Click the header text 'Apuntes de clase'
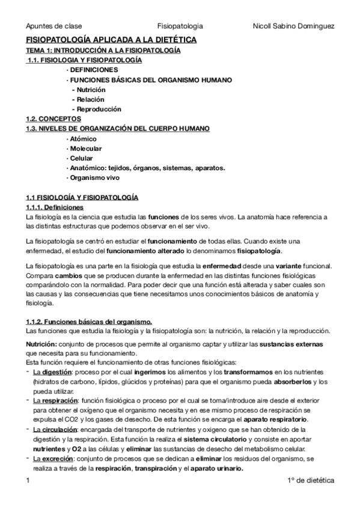(x=54, y=26)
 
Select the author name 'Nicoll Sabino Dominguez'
(x=294, y=26)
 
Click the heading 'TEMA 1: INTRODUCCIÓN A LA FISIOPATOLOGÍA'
(x=103, y=51)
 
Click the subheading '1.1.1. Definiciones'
(x=56, y=207)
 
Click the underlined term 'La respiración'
(x=56, y=401)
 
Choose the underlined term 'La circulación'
(x=55, y=429)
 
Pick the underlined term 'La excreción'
(x=53, y=458)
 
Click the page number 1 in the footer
(x=28, y=482)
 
